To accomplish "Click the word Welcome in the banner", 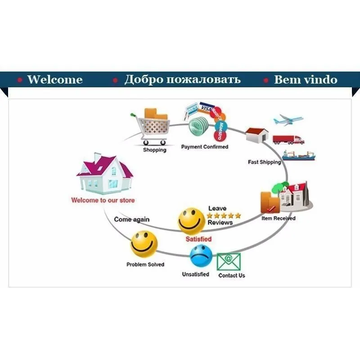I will click(55, 80).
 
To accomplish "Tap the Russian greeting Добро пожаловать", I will click(182, 80).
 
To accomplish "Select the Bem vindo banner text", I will click(306, 80).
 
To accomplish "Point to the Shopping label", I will click(154, 150).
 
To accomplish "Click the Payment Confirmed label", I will click(205, 147).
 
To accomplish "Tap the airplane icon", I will click(288, 120).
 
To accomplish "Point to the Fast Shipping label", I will click(264, 162).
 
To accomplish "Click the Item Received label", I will click(279, 218).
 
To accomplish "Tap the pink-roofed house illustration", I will click(104, 173).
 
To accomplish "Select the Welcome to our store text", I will click(103, 200).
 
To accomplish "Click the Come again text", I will click(132, 220).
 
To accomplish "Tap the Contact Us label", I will click(231, 275).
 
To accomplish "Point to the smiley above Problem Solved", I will click(144, 243).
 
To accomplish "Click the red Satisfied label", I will click(198, 239).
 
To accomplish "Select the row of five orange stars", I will click(224, 216).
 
